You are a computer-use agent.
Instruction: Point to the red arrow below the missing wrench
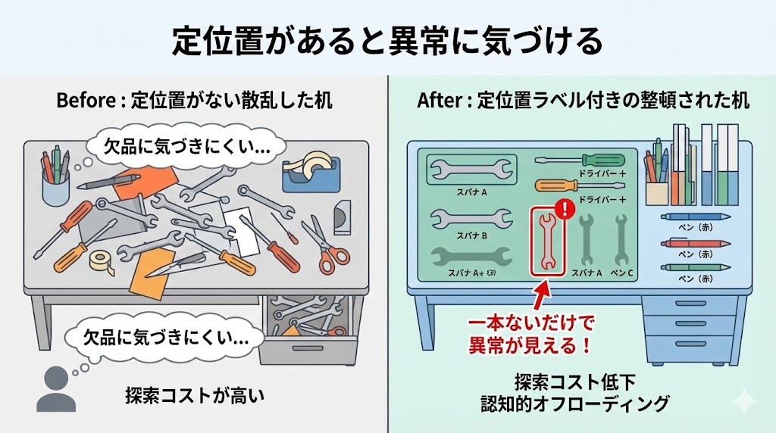[x=540, y=296]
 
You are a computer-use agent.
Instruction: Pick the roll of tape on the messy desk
[x=102, y=260]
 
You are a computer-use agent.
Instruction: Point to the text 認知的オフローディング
[x=575, y=403]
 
